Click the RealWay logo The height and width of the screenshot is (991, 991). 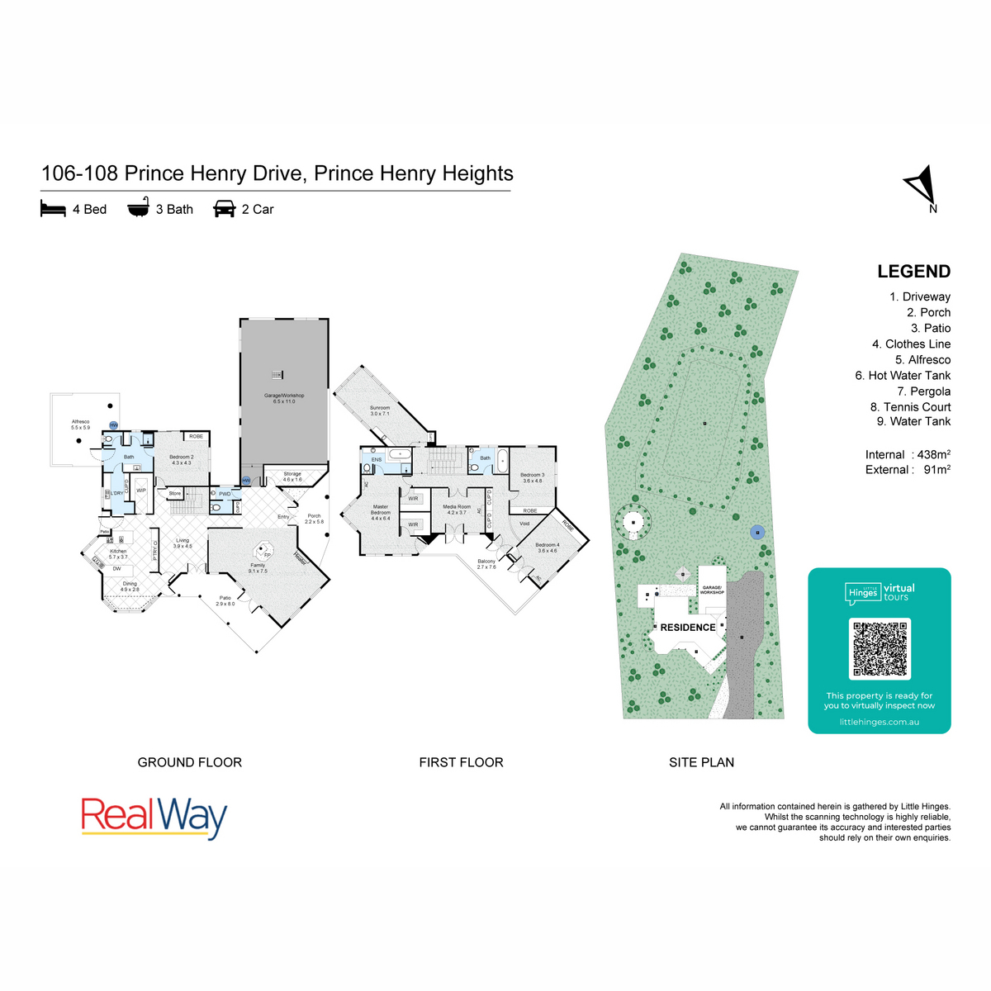(x=154, y=817)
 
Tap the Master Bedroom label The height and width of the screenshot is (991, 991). (x=380, y=512)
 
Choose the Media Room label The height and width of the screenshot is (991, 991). (x=457, y=510)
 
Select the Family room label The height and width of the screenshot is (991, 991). (x=258, y=567)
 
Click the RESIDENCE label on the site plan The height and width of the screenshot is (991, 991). (x=688, y=628)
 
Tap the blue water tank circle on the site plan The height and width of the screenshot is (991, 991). (x=757, y=533)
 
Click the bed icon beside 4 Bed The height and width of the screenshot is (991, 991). (x=53, y=209)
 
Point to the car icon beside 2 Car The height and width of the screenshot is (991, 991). (x=225, y=209)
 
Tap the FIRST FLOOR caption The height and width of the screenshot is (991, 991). (x=461, y=762)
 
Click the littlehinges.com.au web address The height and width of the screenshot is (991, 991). (x=879, y=722)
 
